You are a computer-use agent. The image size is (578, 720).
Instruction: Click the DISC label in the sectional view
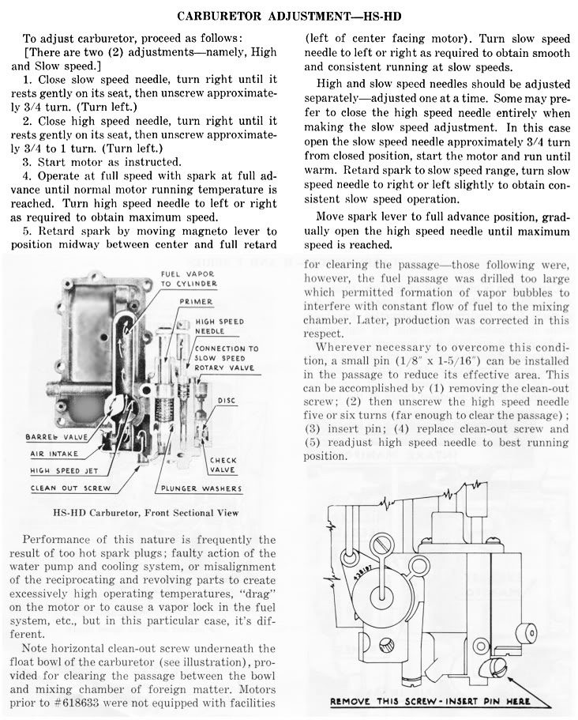227,401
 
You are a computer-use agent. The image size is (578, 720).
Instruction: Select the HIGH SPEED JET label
62,471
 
